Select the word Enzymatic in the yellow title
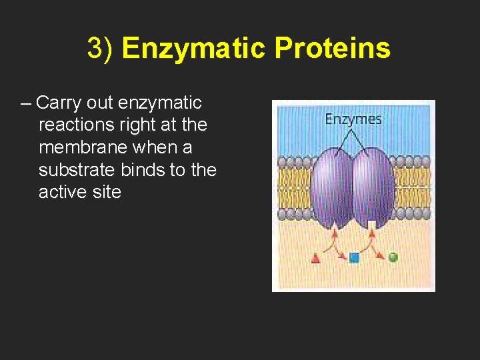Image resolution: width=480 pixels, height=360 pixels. tap(193, 49)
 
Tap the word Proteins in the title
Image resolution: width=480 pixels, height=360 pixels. tap(331, 49)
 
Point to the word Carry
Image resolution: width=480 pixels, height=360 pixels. tap(57, 103)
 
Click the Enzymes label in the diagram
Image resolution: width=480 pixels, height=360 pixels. tap(353, 119)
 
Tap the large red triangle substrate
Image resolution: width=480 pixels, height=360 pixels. tap(316, 259)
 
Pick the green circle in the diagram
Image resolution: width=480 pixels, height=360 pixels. tap(393, 257)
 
